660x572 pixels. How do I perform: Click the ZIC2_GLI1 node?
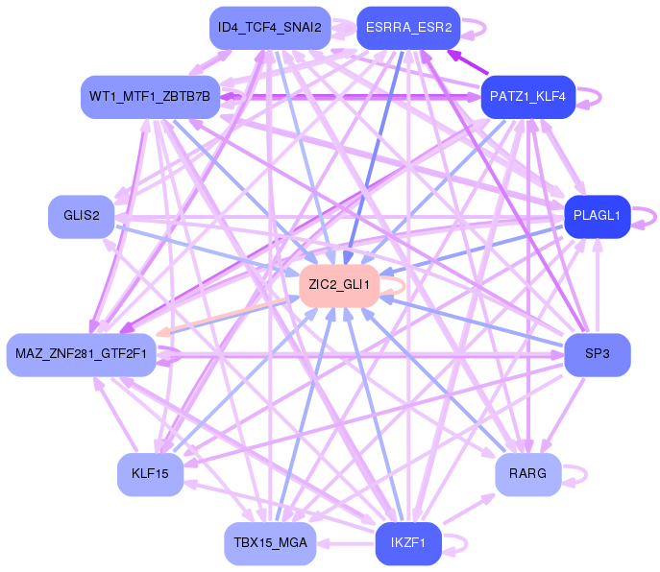(339, 286)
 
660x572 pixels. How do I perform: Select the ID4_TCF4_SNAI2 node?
(270, 28)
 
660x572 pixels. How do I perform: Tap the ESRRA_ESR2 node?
(408, 28)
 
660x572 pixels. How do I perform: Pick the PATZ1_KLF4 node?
(527, 97)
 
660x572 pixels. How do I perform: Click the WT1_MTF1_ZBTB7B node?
(150, 97)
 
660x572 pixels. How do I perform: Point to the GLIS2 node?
(82, 216)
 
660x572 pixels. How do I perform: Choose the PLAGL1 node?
(597, 216)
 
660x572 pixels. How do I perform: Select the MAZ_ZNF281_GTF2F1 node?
(81, 354)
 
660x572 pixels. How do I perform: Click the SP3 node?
(597, 354)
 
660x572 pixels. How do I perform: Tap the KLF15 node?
(150, 474)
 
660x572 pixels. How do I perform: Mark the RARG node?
(527, 474)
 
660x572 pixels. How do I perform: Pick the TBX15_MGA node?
(270, 543)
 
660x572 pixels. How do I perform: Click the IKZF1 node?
(408, 543)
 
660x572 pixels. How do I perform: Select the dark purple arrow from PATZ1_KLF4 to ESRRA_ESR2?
(468, 62)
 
